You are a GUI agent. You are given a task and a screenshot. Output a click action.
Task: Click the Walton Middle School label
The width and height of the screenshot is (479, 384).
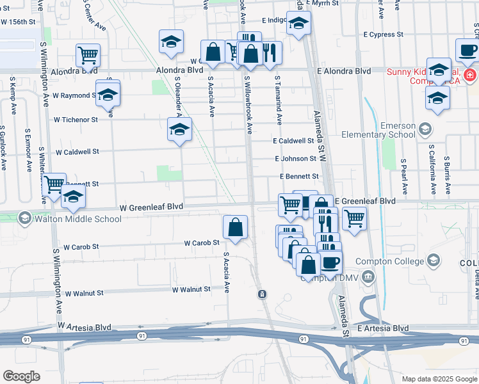(x=80, y=219)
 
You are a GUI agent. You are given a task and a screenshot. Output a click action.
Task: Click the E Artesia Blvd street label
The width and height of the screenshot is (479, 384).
(x=383, y=328)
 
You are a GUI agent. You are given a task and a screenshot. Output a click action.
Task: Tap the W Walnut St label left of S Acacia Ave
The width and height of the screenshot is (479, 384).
(x=191, y=289)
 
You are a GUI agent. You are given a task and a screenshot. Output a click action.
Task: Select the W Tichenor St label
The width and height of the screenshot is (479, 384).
(x=76, y=119)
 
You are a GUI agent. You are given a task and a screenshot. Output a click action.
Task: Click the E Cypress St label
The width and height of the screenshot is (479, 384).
(x=384, y=34)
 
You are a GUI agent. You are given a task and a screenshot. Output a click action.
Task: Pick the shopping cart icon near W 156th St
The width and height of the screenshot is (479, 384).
(x=88, y=54)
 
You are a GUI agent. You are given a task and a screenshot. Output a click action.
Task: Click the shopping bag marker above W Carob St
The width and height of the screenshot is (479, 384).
(x=236, y=227)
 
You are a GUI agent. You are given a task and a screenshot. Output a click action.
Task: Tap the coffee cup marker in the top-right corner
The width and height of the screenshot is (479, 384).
(x=467, y=49)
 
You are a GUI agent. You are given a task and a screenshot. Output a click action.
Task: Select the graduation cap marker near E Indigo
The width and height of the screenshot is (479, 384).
(x=298, y=24)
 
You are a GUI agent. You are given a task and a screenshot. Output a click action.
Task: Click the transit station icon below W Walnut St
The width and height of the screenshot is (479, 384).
(x=261, y=294)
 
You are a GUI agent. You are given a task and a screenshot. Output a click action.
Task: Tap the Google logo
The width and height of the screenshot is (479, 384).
(x=22, y=376)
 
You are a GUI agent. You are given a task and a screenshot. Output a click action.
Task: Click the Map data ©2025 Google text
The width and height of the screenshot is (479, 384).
(x=439, y=378)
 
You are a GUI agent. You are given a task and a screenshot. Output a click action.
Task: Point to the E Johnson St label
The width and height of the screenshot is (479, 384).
(x=296, y=158)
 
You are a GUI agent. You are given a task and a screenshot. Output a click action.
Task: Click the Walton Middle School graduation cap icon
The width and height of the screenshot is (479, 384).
(x=25, y=219)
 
